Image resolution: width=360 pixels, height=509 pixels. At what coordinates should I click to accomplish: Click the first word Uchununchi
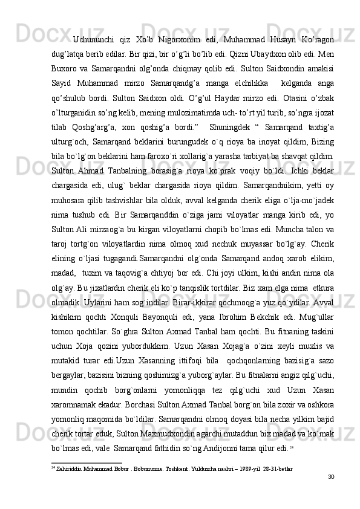[95, 39]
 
